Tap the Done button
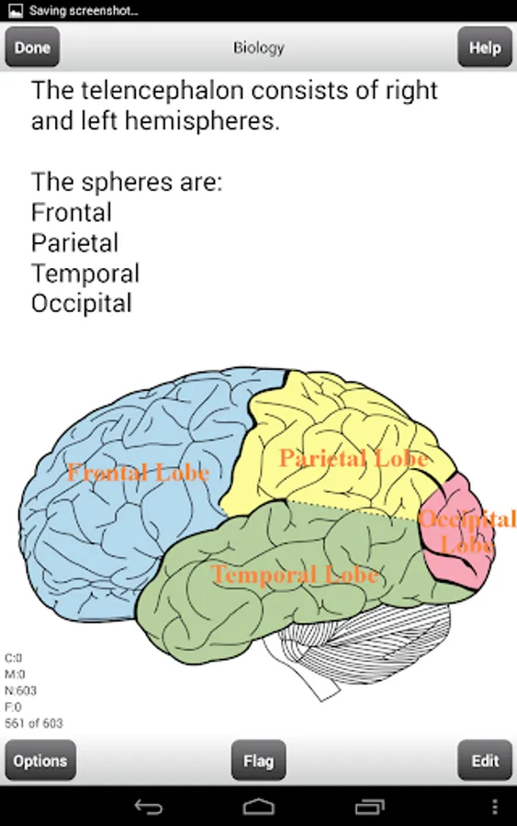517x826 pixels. click(x=32, y=48)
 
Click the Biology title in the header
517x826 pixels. click(x=259, y=48)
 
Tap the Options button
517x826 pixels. click(x=40, y=760)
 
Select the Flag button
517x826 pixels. click(x=258, y=760)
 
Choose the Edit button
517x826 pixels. click(x=485, y=760)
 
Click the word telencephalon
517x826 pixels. click(x=163, y=91)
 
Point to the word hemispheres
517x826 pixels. click(x=202, y=121)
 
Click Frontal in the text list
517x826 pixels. click(x=71, y=213)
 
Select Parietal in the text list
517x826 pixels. click(x=74, y=243)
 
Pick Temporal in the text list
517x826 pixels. click(x=85, y=273)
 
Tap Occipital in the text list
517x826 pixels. click(x=81, y=304)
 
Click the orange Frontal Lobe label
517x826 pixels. click(x=138, y=472)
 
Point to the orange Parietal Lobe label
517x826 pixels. click(x=354, y=458)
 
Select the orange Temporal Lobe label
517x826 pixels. click(x=295, y=575)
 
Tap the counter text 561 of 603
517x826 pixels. click(x=34, y=723)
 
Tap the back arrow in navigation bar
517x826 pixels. click(x=149, y=807)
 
